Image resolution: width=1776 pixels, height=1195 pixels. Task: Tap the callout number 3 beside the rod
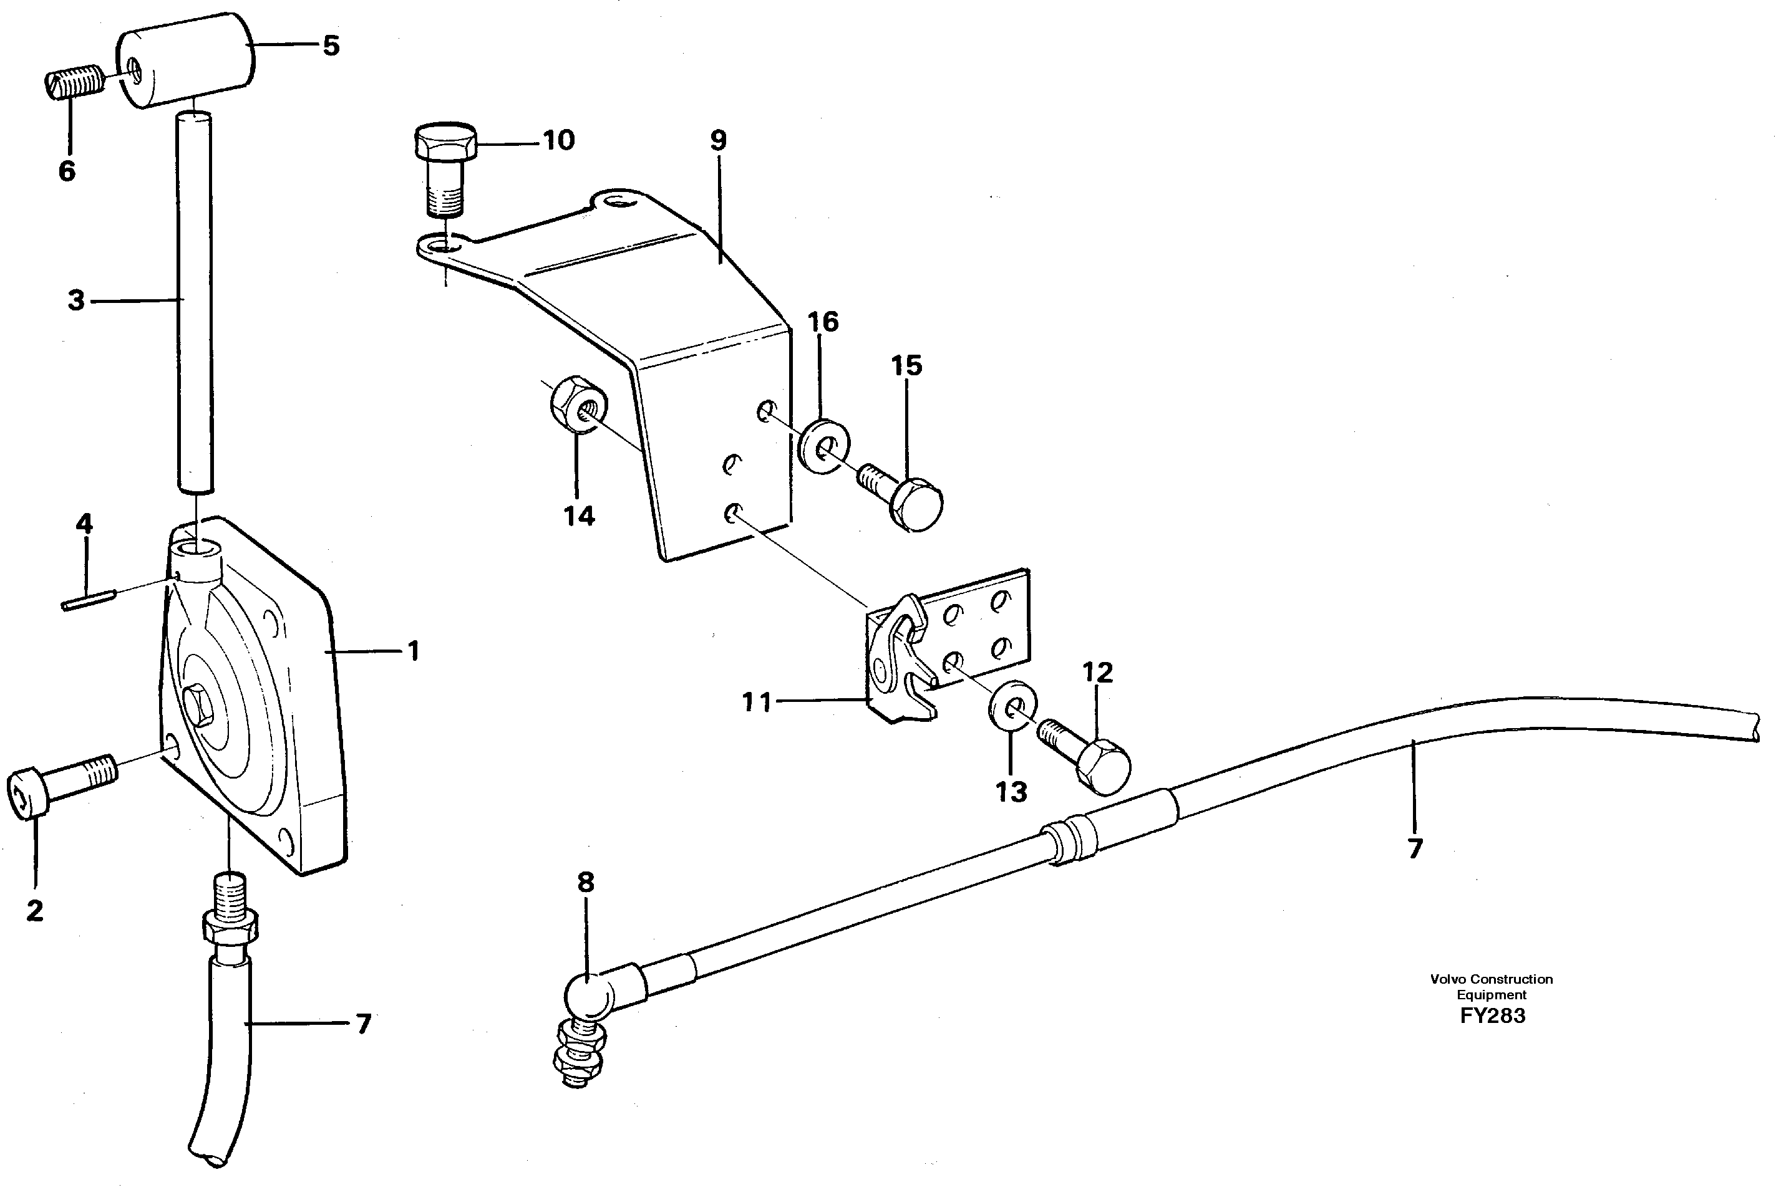click(x=76, y=300)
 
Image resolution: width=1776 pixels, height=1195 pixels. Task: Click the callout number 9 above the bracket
click(x=719, y=141)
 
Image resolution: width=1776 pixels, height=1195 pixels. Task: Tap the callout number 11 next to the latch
click(x=757, y=703)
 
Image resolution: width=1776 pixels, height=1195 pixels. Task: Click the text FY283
click(x=1492, y=1016)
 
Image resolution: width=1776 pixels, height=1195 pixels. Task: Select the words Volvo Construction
click(x=1491, y=979)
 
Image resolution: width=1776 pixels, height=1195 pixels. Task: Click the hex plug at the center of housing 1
click(x=202, y=706)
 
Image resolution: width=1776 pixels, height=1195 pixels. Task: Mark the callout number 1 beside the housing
click(x=414, y=651)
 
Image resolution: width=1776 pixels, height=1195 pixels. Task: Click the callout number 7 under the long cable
click(x=1415, y=848)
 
